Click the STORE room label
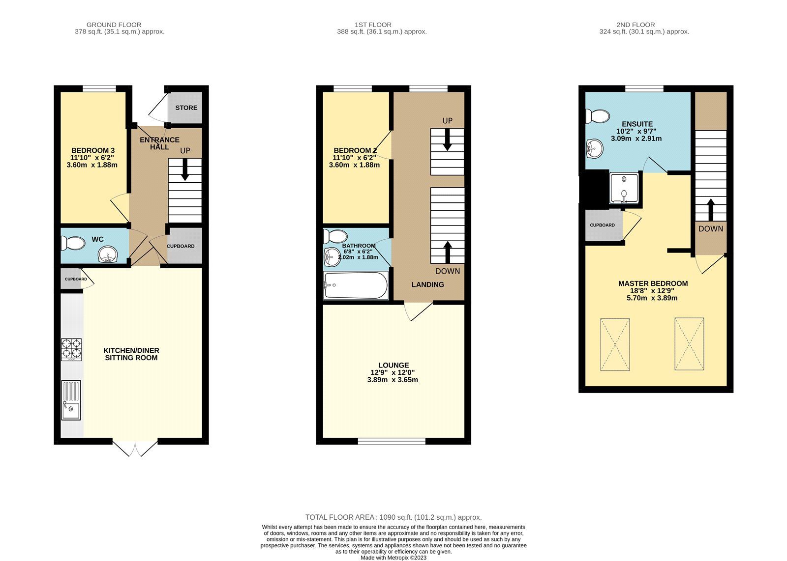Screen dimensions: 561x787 click(186, 108)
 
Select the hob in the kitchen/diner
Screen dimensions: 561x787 click(71, 349)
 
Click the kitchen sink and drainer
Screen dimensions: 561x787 click(71, 400)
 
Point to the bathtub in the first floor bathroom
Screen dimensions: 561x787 click(356, 285)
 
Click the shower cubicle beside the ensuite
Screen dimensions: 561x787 click(625, 188)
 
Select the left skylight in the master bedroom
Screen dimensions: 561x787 click(615, 344)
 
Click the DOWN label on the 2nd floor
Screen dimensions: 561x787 click(711, 228)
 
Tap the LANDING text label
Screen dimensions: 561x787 click(427, 284)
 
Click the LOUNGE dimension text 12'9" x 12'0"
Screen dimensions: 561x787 click(393, 372)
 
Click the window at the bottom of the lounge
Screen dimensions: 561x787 click(392, 441)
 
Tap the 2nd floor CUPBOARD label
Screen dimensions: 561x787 click(602, 225)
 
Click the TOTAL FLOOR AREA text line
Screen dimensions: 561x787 click(393, 517)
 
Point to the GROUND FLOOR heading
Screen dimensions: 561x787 click(114, 25)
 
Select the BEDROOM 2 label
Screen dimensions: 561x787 click(355, 150)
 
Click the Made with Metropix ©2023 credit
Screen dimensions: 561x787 click(393, 558)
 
